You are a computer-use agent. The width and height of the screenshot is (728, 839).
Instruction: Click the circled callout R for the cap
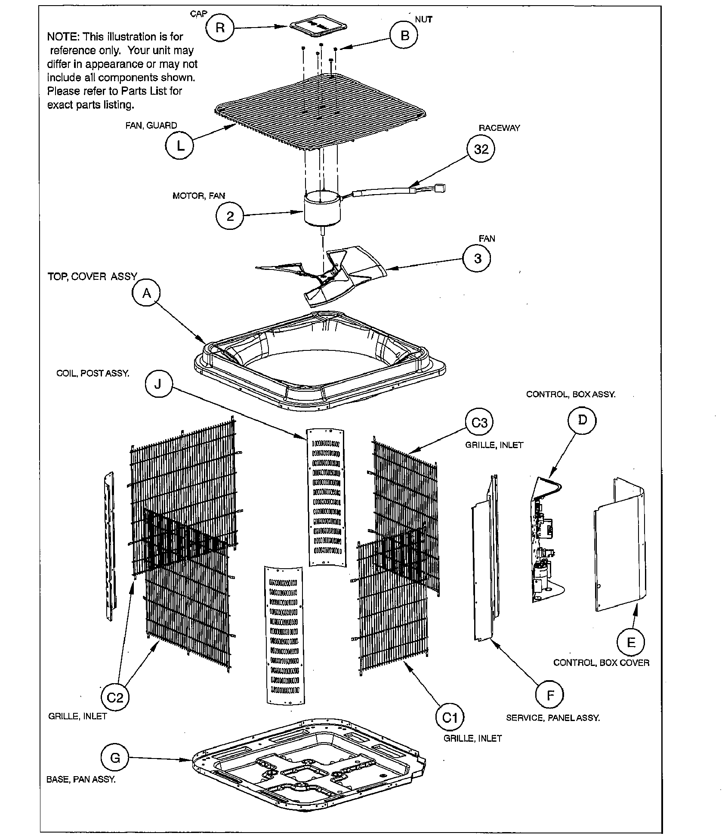(220, 28)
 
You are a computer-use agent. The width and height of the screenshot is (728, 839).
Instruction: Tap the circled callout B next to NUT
(404, 35)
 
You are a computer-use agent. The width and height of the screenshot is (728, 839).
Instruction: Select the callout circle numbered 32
(481, 149)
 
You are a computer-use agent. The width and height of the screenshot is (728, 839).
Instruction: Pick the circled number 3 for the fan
(478, 259)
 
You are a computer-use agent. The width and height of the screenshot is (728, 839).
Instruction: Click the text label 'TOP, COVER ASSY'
(92, 276)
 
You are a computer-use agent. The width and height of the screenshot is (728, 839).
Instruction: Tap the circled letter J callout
(158, 384)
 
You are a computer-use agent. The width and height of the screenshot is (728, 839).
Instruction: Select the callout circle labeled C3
(479, 423)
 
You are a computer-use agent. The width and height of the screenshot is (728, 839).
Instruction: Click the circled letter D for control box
(582, 420)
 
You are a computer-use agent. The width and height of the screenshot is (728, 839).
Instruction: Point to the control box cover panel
(620, 547)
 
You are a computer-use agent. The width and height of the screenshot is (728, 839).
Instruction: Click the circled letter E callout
(631, 643)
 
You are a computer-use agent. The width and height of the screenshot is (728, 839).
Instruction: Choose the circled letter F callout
(550, 695)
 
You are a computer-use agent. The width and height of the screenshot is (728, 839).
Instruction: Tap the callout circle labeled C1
(450, 718)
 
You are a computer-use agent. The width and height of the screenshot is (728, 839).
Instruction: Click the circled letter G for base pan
(115, 758)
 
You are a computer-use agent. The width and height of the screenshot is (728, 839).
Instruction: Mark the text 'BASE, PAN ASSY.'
(81, 780)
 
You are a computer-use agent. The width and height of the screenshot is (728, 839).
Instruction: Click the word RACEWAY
(499, 128)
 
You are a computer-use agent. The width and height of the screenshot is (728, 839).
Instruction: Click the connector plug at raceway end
(441, 188)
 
